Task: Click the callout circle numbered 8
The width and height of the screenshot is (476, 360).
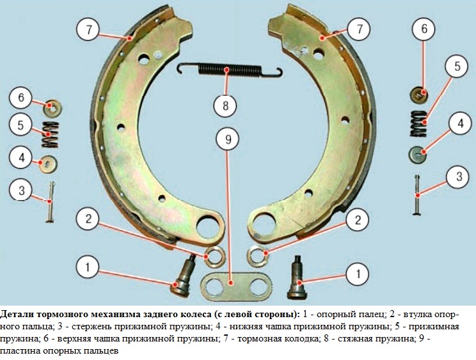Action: [225, 106]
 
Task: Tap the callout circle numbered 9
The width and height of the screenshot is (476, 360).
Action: [228, 139]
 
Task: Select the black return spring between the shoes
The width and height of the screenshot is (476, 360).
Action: [230, 70]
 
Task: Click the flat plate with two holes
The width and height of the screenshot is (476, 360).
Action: [236, 286]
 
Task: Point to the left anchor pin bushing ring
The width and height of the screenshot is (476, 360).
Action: [215, 257]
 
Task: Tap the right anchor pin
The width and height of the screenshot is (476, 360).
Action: [297, 278]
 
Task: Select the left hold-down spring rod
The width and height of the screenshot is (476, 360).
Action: [50, 201]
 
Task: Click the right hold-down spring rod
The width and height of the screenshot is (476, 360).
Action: [417, 195]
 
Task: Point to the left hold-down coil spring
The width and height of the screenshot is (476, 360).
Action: [50, 135]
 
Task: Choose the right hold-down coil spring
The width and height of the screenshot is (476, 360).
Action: [418, 123]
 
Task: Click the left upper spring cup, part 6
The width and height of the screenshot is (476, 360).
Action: [52, 108]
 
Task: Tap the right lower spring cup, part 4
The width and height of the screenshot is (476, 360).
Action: [417, 154]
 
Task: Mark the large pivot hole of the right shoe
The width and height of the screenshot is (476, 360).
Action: [264, 225]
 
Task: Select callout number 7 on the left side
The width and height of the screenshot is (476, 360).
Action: [88, 29]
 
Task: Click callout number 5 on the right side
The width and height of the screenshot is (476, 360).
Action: [457, 67]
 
